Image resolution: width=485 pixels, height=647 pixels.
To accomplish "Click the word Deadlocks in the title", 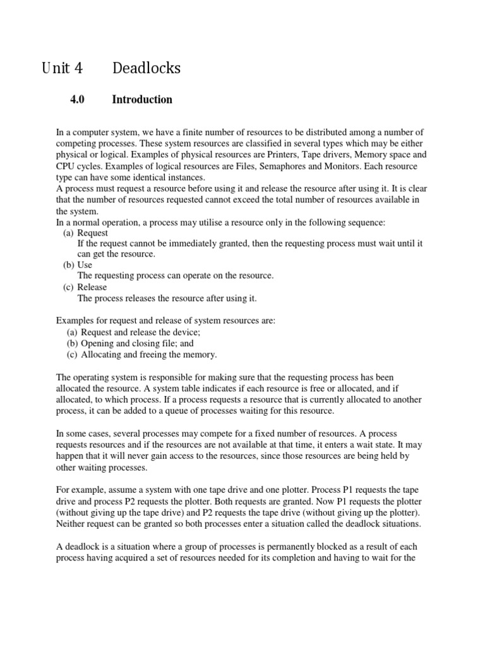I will (x=146, y=68).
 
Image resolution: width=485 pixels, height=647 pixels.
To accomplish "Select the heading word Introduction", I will (x=142, y=99).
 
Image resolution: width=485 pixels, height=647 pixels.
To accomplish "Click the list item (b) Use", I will (x=78, y=265).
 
